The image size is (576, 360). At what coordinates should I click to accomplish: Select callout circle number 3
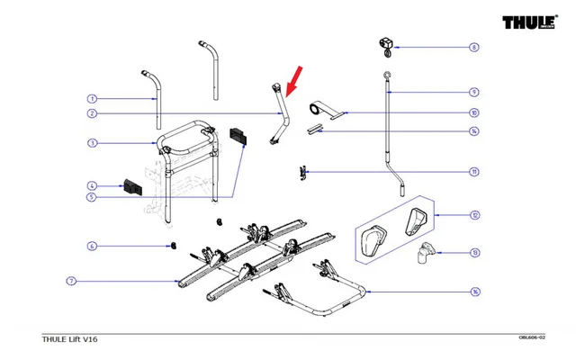(x=91, y=143)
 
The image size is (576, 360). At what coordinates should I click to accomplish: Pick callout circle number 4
(x=91, y=185)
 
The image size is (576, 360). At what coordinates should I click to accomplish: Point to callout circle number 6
(x=91, y=246)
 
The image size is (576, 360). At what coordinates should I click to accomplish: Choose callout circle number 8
(x=473, y=47)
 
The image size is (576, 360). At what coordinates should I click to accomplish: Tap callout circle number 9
(x=473, y=92)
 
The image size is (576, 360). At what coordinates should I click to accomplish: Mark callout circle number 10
(x=473, y=113)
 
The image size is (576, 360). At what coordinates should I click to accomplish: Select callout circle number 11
(x=473, y=172)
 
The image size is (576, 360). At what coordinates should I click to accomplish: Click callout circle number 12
(x=473, y=216)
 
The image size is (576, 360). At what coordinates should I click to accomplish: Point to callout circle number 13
(x=473, y=253)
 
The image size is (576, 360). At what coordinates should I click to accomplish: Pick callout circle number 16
(x=473, y=292)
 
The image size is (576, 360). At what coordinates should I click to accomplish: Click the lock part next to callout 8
(x=384, y=42)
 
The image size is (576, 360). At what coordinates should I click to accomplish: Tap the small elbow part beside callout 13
(x=423, y=258)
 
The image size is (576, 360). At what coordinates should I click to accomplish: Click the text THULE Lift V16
(x=71, y=339)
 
